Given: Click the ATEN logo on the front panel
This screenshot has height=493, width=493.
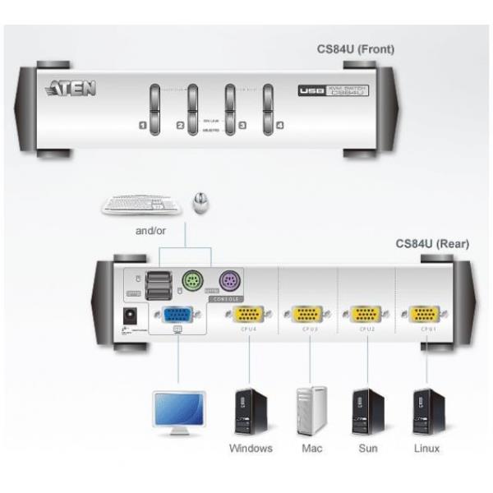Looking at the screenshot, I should tap(71, 88).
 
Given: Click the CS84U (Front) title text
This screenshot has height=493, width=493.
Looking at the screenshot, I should tap(356, 49).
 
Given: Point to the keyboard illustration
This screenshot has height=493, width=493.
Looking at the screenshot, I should tap(141, 204).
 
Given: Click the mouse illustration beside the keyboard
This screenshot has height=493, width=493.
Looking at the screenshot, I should tap(198, 201).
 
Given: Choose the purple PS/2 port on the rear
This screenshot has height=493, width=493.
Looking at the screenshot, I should tap(227, 281).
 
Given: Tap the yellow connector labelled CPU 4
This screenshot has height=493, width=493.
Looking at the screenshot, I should tap(248, 315).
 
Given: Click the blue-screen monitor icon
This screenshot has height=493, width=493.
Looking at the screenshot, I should tap(180, 412).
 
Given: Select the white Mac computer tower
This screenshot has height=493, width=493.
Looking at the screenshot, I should tap(311, 410).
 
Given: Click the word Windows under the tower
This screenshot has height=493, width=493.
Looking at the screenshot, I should tap(251, 449).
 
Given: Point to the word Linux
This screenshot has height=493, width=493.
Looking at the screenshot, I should tap(426, 449).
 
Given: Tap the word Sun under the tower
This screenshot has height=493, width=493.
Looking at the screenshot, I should tap(368, 449).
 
